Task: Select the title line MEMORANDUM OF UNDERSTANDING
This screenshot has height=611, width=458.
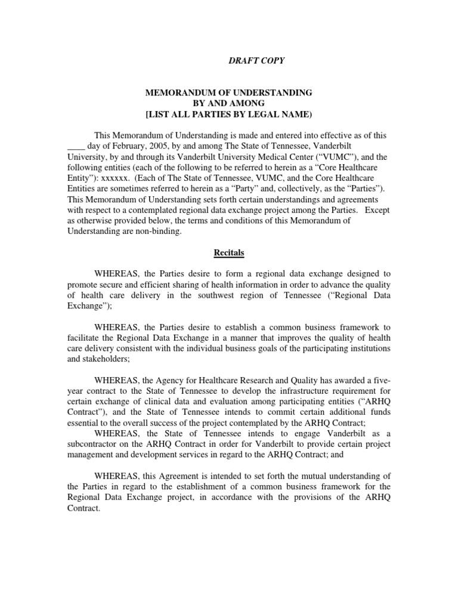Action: click(230, 92)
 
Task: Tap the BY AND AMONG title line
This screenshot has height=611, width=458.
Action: click(230, 103)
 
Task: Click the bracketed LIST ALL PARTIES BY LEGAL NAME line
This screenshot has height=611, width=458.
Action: click(230, 114)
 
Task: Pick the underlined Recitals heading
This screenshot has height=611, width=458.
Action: click(230, 252)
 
